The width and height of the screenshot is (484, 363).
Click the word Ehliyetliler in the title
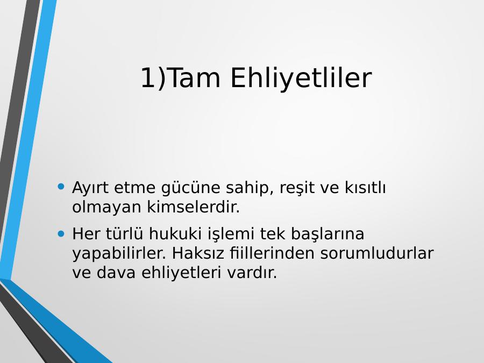[301, 78]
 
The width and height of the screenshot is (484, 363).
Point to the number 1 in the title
[148, 78]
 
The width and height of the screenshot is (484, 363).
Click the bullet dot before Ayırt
[61, 186]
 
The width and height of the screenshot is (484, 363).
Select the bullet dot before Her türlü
[61, 234]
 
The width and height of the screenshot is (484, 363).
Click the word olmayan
[106, 208]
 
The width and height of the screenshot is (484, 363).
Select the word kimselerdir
[193, 207]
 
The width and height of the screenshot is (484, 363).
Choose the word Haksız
[198, 253]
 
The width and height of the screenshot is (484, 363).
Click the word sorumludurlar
[377, 253]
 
